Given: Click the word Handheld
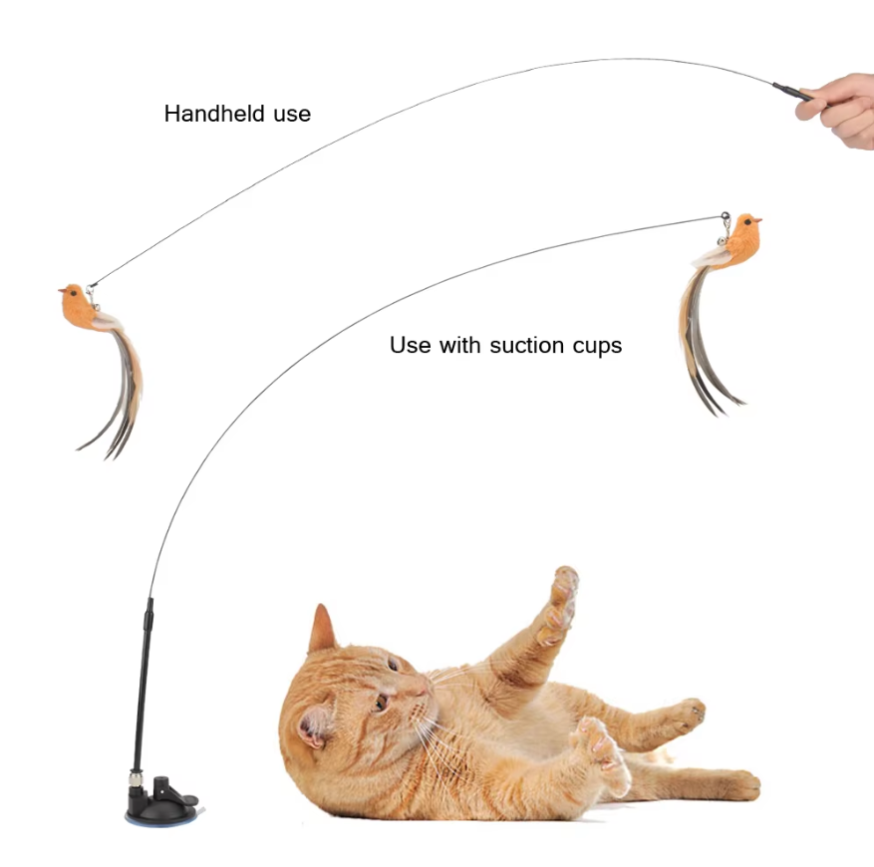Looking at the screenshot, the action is (214, 114).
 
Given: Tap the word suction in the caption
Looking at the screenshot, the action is (527, 345).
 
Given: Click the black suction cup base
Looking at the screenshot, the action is (162, 801).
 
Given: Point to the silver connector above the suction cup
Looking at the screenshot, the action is (135, 777).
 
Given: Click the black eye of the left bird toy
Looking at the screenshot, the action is (73, 293).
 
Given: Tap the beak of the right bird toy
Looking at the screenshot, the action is (758, 221).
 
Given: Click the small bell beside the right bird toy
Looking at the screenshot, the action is (722, 241).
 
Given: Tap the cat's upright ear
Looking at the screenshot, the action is (322, 629).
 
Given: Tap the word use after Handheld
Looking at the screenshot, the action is (292, 115).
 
